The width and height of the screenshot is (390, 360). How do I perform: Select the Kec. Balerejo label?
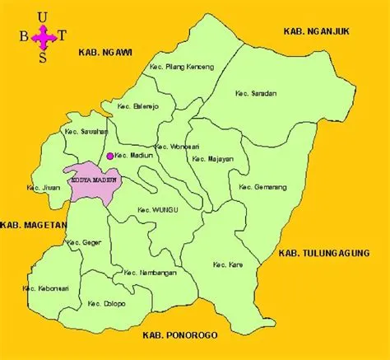coord(137,107)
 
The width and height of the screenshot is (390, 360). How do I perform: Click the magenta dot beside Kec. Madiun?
coord(109,155)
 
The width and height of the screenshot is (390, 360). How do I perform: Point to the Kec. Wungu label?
coord(158,208)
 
